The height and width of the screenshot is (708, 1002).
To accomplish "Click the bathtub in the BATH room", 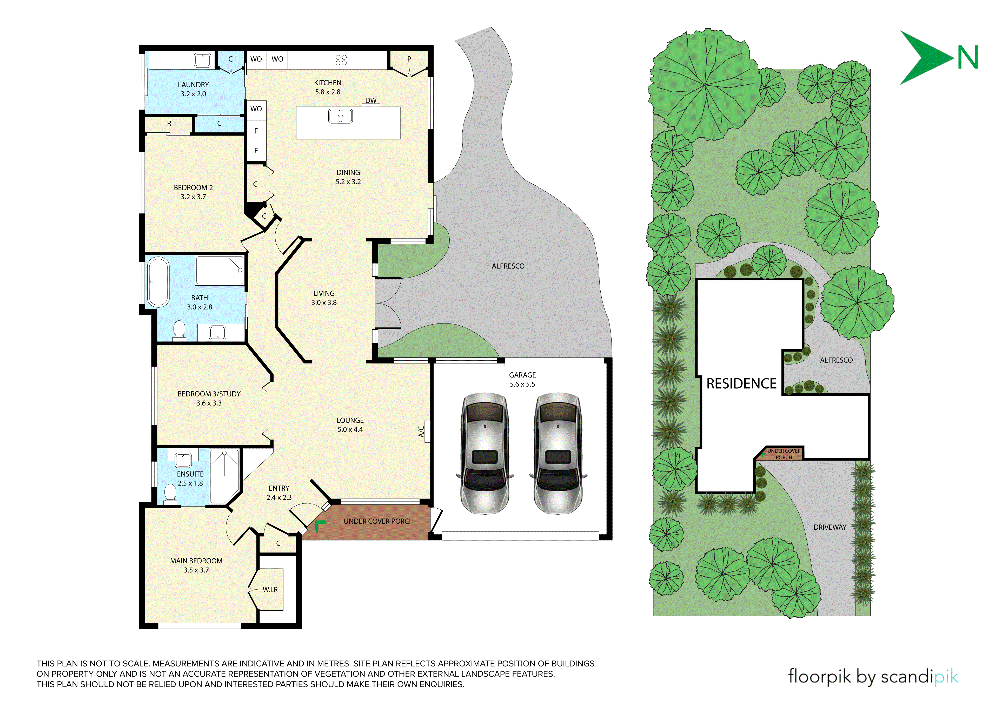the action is [158, 282].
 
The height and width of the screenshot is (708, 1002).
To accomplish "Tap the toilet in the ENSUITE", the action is [170, 495].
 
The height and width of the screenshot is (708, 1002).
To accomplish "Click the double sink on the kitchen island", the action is [340, 116].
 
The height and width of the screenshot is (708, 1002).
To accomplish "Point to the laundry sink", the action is [202, 60].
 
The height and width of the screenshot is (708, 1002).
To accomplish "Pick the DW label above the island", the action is [370, 100].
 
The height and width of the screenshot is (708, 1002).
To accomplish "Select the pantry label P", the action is [409, 59].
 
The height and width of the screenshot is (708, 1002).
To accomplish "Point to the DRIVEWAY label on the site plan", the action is [830, 527].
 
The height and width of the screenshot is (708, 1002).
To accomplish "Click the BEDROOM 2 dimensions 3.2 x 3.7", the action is [193, 197].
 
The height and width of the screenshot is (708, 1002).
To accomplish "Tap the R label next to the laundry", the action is [169, 124].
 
